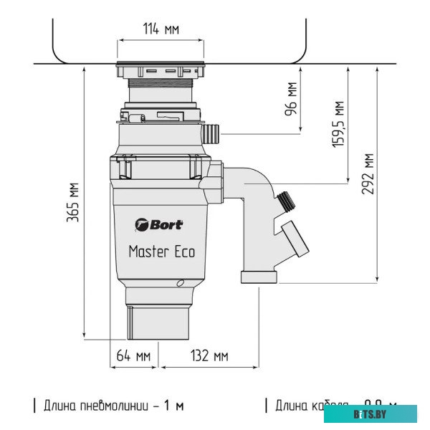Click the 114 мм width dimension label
161,29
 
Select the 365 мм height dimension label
73,202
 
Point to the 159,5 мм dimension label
340,123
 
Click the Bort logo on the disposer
158,224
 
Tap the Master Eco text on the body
161,252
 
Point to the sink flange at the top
161,70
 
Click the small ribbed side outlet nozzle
211,133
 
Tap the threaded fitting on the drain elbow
285,201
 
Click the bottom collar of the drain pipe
259,277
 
